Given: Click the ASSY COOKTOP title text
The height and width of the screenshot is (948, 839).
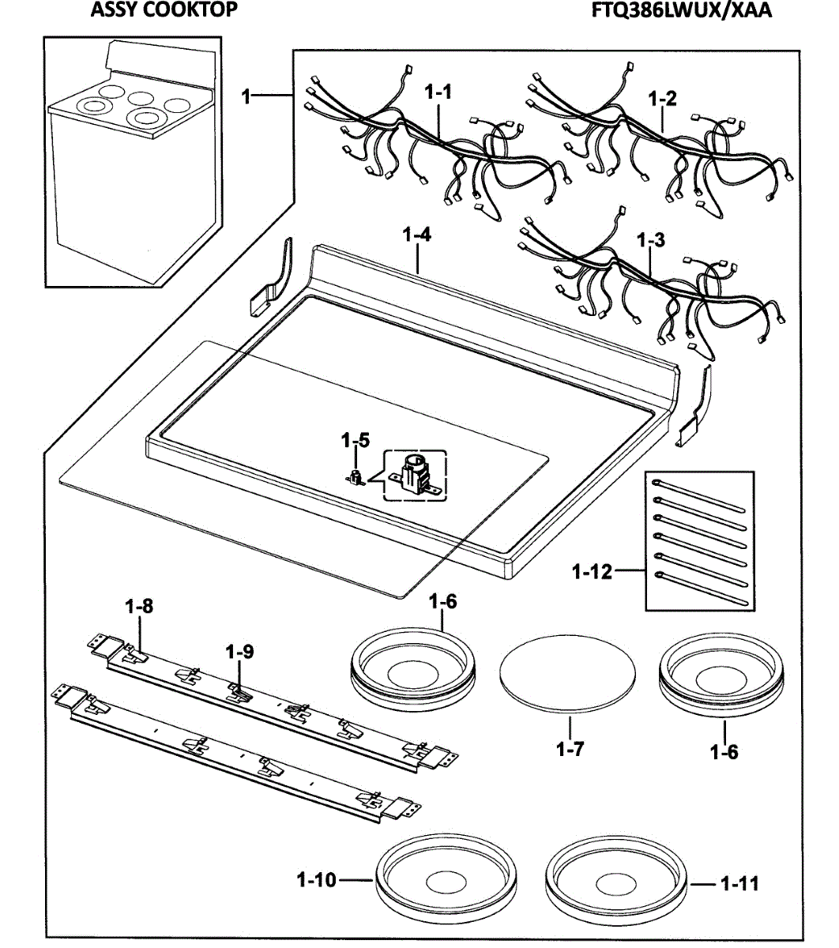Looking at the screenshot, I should click(164, 10).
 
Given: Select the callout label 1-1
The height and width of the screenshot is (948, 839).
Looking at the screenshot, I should click(438, 92).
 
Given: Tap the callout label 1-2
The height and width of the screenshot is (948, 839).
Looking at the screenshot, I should click(662, 100).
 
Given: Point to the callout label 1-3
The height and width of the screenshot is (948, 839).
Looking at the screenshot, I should click(650, 241).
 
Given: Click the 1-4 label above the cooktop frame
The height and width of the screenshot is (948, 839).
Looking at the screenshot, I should click(416, 235).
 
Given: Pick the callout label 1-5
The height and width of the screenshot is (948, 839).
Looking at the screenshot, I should click(355, 440).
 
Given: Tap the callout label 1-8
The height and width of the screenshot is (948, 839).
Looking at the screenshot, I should click(139, 607).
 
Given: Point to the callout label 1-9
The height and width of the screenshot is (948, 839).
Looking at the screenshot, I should click(239, 653).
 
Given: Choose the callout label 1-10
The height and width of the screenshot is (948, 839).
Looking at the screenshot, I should click(318, 879).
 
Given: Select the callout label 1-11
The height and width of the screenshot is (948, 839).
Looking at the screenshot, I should click(739, 883).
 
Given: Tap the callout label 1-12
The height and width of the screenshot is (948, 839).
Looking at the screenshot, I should click(593, 571).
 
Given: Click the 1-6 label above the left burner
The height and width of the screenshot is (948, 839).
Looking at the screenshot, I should click(442, 602).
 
